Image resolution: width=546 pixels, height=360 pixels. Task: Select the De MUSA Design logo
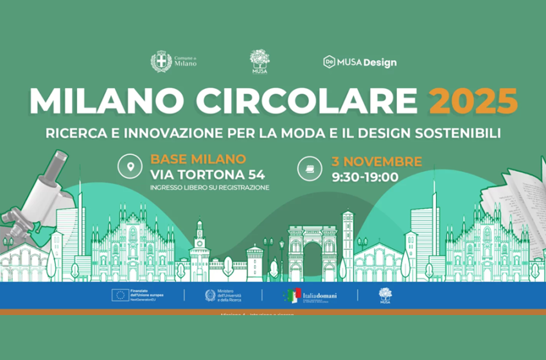360,62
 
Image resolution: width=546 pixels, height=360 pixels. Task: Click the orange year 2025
473,100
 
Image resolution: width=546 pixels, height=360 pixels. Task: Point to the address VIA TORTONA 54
207,174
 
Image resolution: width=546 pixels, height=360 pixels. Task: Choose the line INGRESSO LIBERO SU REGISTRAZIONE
209,188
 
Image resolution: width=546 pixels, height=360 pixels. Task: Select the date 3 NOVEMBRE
376,161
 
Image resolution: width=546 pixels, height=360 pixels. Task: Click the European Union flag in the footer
119,295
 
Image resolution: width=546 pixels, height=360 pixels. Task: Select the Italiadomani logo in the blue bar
310,295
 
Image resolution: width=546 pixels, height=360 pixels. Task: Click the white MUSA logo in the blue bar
385,295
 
